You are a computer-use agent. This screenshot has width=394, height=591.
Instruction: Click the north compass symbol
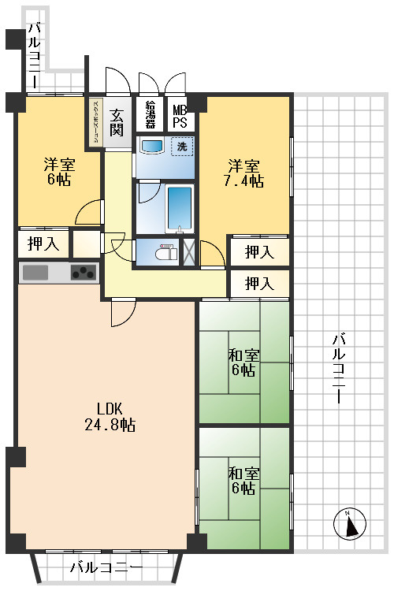(x=350, y=524)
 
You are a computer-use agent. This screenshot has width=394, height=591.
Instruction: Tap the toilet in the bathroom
(x=166, y=251)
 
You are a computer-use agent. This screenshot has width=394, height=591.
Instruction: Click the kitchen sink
(x=35, y=273)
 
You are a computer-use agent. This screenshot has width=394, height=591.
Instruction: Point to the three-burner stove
(x=84, y=273)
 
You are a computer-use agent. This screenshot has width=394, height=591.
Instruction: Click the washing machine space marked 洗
(x=182, y=147)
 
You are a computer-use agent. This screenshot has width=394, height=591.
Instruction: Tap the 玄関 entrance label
(x=117, y=122)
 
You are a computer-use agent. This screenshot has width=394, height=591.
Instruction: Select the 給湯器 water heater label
(x=150, y=114)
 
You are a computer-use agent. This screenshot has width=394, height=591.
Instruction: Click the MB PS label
(x=180, y=116)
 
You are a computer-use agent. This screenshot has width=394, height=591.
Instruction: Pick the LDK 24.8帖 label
(x=110, y=417)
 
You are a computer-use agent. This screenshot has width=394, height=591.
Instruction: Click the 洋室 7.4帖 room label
(x=243, y=173)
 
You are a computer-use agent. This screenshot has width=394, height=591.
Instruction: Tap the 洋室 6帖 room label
(x=59, y=172)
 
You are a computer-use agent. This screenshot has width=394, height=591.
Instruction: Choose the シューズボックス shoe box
(x=96, y=122)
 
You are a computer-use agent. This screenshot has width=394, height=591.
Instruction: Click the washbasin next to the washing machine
(x=151, y=146)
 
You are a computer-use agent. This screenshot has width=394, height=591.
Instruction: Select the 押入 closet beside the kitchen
(x=43, y=244)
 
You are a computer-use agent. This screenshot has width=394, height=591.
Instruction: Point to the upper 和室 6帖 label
(x=243, y=362)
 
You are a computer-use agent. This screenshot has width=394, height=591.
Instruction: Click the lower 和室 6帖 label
(x=243, y=480)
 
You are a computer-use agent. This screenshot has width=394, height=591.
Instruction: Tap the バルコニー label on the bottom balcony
(x=106, y=567)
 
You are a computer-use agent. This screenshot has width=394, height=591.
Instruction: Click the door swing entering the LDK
(x=123, y=312)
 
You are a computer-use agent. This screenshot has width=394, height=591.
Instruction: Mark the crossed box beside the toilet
(x=189, y=252)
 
